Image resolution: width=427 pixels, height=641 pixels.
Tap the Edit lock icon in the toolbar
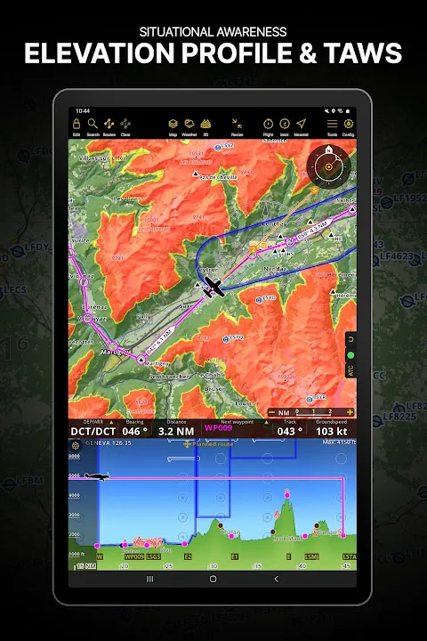(x=77, y=123)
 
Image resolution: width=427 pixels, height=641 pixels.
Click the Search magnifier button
(x=93, y=123)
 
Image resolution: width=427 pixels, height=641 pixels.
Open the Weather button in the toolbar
(x=189, y=123)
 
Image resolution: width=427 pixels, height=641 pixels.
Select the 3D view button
(x=206, y=123)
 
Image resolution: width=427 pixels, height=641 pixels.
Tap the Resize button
(x=237, y=123)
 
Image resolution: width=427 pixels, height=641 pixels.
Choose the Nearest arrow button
(x=301, y=123)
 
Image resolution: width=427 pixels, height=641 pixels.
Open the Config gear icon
(x=349, y=123)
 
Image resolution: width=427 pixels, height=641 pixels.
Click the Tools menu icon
(x=332, y=123)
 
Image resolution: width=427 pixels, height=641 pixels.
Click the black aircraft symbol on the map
(x=213, y=287)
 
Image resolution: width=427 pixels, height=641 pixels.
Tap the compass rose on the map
(x=328, y=166)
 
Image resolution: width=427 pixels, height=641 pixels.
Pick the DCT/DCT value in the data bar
(x=87, y=430)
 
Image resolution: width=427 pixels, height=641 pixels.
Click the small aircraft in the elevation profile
(x=104, y=476)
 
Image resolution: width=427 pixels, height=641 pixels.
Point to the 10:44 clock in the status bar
(x=83, y=111)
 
